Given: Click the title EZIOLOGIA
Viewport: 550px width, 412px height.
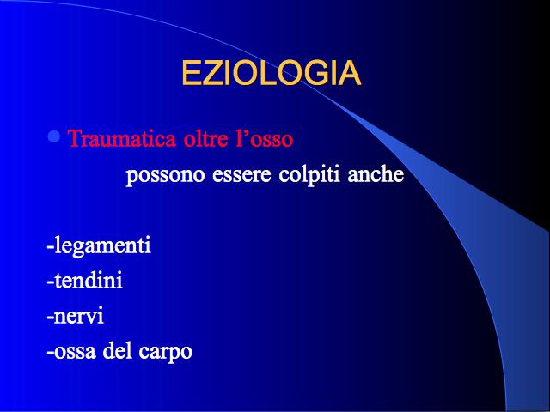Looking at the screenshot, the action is coord(272,73).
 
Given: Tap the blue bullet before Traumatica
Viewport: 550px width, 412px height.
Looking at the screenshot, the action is coord(54,136).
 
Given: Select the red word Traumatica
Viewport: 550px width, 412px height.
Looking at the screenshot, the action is coord(122,138).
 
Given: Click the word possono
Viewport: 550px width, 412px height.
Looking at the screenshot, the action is coord(165,174).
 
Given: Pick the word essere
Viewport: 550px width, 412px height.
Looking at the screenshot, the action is coord(241,175).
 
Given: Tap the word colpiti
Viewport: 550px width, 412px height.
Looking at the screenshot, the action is coord(309,174).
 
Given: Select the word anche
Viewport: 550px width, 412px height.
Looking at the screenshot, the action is coord(376,173).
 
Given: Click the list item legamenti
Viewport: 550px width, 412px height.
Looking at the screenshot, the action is coord(99,245).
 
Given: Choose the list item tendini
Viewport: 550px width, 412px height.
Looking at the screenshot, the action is coord(84,280).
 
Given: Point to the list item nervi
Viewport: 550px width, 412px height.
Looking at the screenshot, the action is coord(76,316).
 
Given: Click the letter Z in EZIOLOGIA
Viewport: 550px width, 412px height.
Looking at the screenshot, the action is coord(212,73).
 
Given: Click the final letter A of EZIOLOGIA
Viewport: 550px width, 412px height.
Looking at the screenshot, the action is coord(350,73).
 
